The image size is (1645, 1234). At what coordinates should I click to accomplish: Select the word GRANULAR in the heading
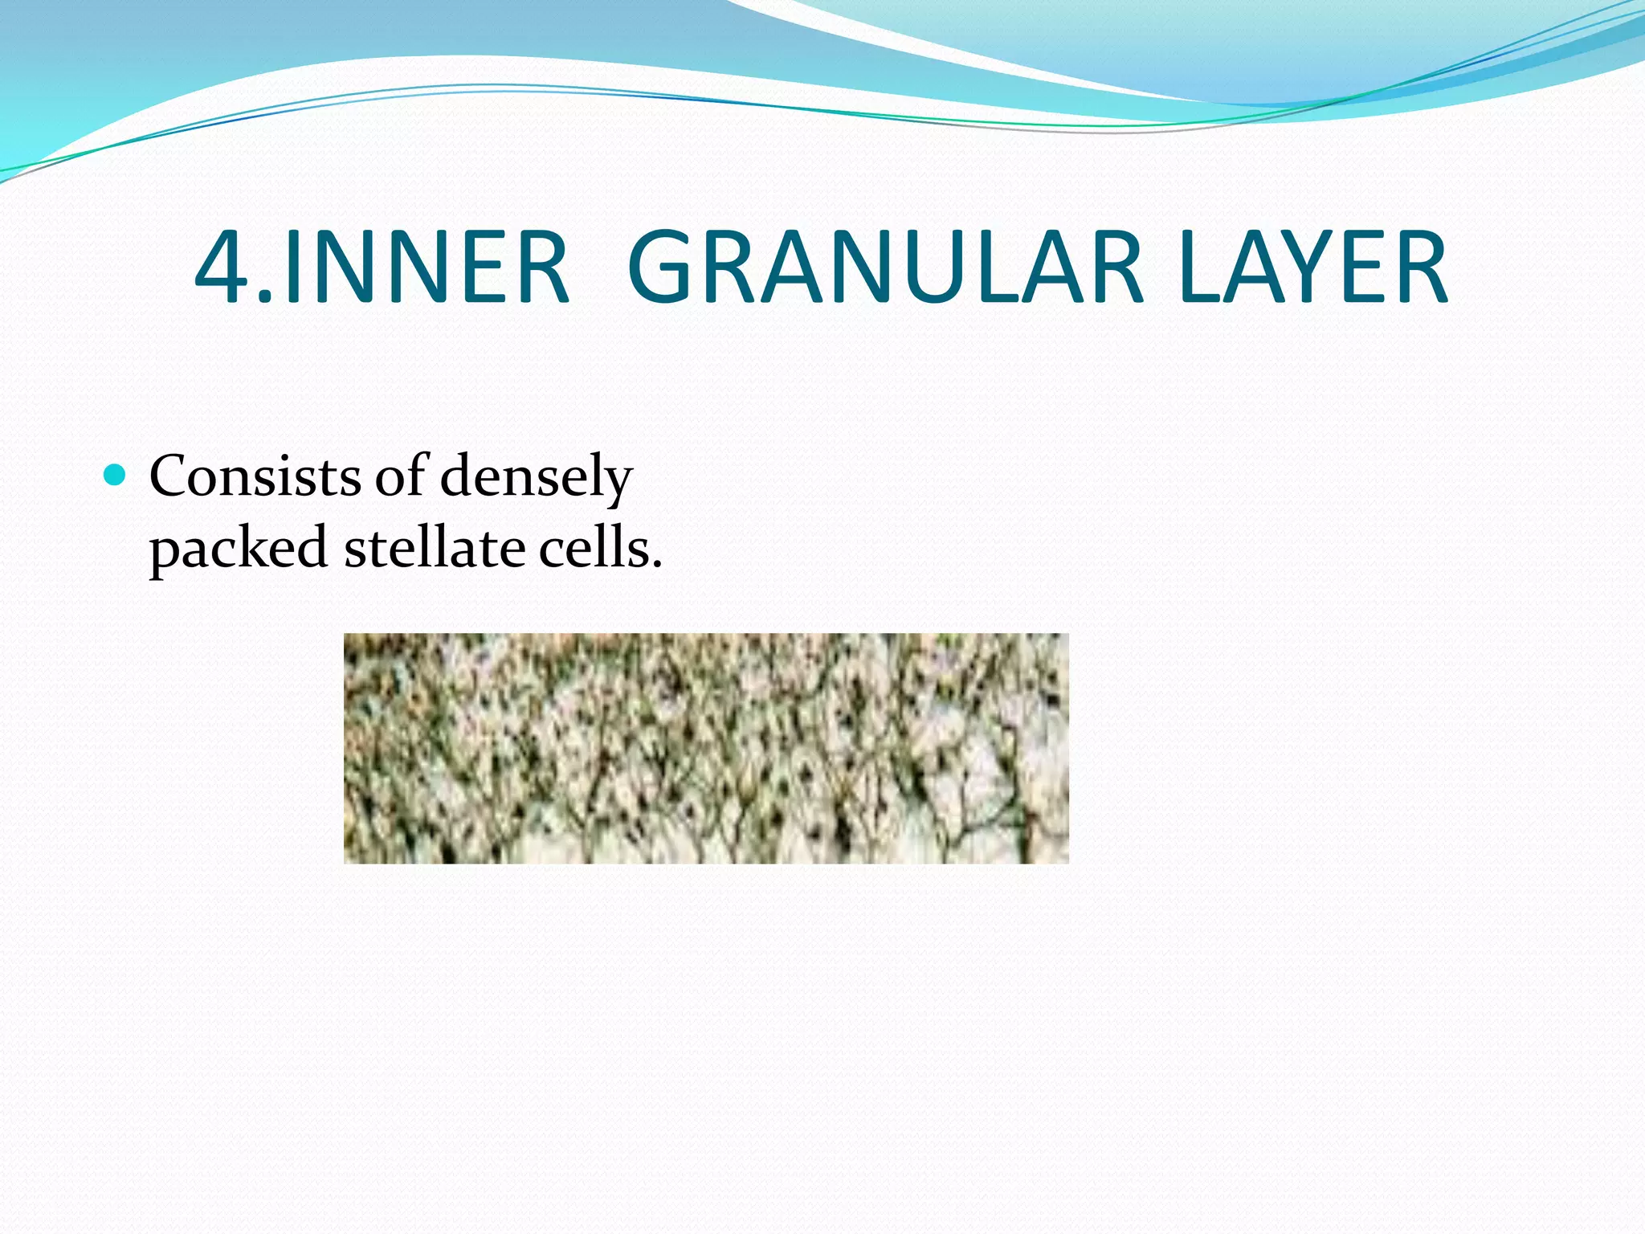click(x=884, y=268)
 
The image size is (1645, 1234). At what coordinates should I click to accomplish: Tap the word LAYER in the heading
click(x=1313, y=268)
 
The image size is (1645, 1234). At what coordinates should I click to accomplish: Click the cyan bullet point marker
click(x=116, y=476)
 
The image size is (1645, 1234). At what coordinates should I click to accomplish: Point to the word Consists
click(x=255, y=476)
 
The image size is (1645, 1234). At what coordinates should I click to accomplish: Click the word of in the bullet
click(x=400, y=476)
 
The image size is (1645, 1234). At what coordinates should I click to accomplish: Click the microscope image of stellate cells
click(x=706, y=748)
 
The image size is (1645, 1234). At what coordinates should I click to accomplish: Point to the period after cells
click(x=657, y=565)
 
